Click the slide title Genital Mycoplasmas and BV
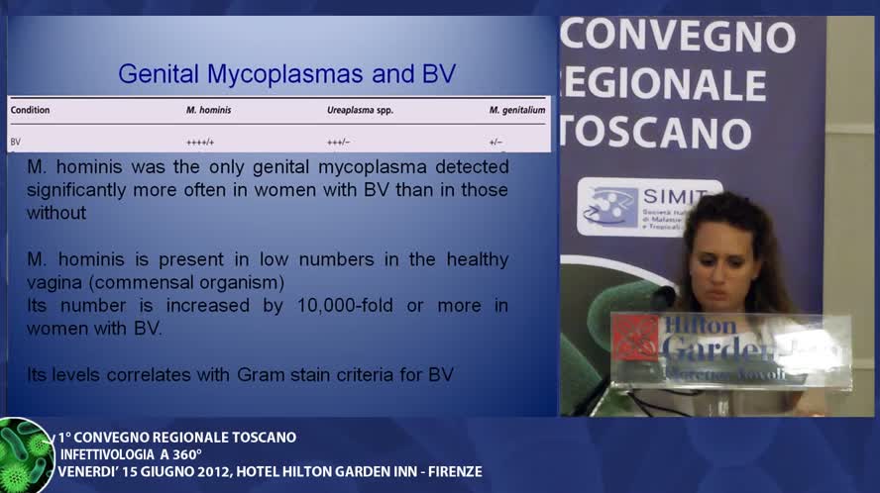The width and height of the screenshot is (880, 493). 287,73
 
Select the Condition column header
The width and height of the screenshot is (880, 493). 30,110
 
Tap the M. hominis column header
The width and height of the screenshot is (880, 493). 208,110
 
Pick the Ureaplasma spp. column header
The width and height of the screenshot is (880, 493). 360,110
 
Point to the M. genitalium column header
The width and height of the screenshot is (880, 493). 516,110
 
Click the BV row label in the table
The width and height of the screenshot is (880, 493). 16,142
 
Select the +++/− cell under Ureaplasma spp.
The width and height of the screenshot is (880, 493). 338,142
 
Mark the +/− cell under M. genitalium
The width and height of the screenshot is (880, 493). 495,142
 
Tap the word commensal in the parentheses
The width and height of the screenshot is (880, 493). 154,282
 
